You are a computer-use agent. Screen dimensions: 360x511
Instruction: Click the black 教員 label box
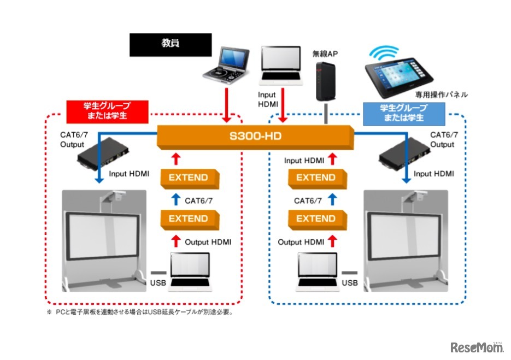coord(170,45)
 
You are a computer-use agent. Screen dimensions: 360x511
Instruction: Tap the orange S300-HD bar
coord(254,136)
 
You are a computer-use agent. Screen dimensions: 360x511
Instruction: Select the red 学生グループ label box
coord(107,111)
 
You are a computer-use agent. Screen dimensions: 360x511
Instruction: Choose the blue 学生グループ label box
coord(395,111)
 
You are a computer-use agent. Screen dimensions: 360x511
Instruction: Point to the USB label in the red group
coord(157,282)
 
